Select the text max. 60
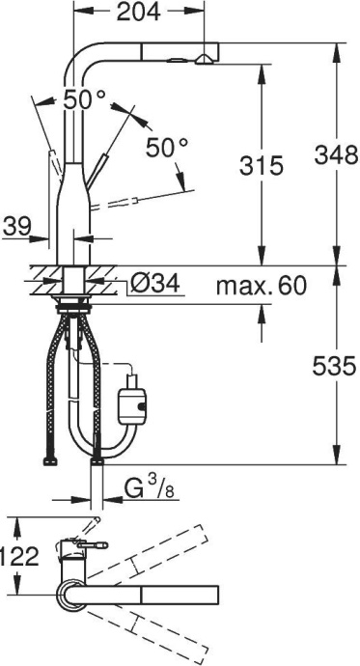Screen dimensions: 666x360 (x=260, y=286)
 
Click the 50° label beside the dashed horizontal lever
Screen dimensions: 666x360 (x=167, y=147)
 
